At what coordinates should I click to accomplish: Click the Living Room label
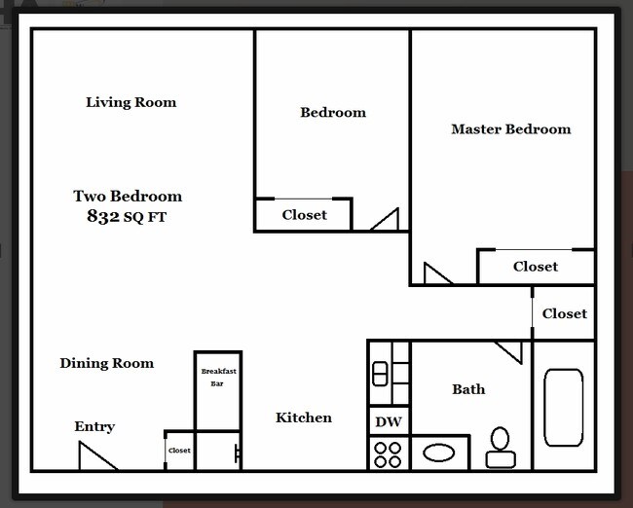[x=130, y=102]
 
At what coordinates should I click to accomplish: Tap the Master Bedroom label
[x=510, y=129]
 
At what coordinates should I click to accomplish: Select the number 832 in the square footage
[x=102, y=217]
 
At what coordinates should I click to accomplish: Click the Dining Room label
[x=106, y=364]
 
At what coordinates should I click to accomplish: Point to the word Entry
[x=94, y=427]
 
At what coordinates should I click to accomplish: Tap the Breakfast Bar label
[x=217, y=378]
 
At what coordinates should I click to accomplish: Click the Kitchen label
[x=304, y=417]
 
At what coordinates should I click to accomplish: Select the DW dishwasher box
[x=389, y=423]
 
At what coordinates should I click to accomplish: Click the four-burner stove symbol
[x=389, y=454]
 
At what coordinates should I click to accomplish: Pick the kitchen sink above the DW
[x=389, y=374]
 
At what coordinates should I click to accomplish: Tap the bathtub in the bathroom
[x=563, y=408]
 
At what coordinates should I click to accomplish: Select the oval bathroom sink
[x=439, y=454]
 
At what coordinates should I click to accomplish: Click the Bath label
[x=468, y=389]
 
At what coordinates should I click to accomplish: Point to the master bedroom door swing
[x=435, y=275]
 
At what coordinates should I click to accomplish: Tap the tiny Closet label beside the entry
[x=179, y=452]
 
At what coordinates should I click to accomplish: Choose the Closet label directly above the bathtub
[x=565, y=313]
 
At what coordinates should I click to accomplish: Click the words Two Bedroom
[x=128, y=197]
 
